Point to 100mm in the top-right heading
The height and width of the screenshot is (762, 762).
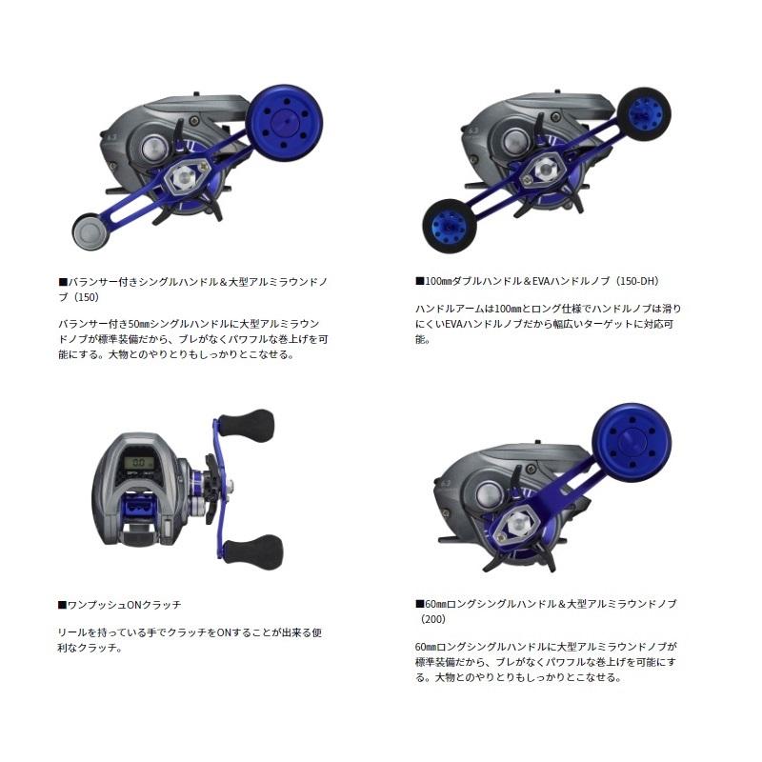(437, 282)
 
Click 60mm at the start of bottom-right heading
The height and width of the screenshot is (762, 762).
(434, 604)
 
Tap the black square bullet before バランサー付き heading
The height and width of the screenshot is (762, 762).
(63, 282)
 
